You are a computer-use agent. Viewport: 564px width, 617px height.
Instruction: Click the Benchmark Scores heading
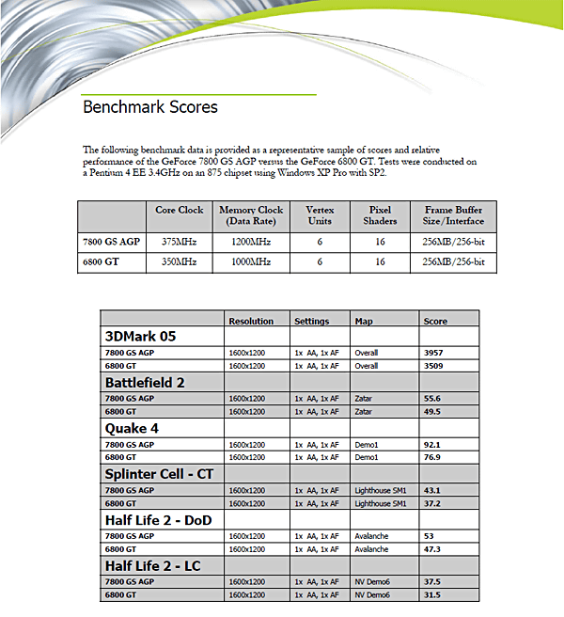pyautogui.click(x=150, y=107)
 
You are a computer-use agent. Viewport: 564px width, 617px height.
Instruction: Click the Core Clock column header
pyautogui.click(x=179, y=211)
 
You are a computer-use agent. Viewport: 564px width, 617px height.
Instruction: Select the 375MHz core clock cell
pyautogui.click(x=179, y=241)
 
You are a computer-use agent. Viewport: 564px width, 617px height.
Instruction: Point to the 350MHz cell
pyautogui.click(x=179, y=261)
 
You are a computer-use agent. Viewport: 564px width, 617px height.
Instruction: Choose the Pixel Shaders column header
pyautogui.click(x=380, y=215)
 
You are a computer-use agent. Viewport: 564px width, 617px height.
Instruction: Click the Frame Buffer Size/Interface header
pyautogui.click(x=454, y=215)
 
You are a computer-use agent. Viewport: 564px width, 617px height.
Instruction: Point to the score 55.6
pyautogui.click(x=433, y=398)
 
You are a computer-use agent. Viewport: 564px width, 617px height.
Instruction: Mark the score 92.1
pyautogui.click(x=433, y=444)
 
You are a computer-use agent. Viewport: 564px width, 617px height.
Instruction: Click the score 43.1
pyautogui.click(x=433, y=490)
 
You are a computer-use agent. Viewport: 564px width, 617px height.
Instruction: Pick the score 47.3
pyautogui.click(x=433, y=549)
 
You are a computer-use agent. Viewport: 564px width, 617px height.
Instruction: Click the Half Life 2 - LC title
pyautogui.click(x=152, y=566)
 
